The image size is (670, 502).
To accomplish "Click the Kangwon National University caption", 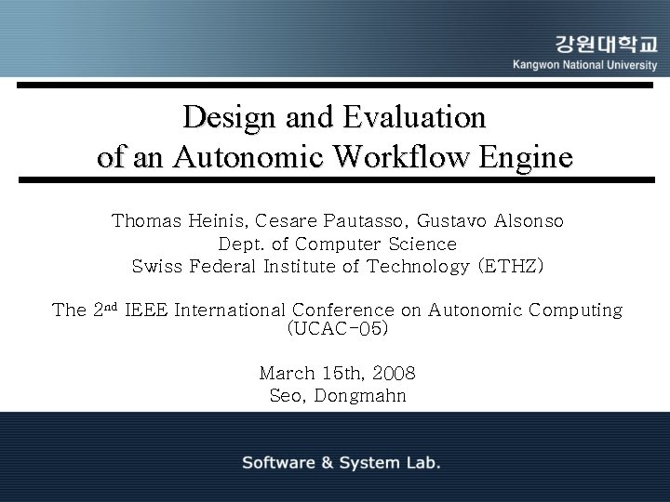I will [x=584, y=66].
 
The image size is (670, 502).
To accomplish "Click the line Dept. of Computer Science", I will [x=337, y=244].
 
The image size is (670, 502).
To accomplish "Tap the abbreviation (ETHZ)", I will [x=509, y=267].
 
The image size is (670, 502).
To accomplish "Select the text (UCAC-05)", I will [x=337, y=329].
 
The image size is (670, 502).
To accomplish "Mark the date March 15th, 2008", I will [x=337, y=374].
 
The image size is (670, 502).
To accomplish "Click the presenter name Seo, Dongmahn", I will [x=337, y=396].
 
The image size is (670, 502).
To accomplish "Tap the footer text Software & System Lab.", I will [x=342, y=462].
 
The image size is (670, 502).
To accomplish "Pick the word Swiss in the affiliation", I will [x=158, y=267].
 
